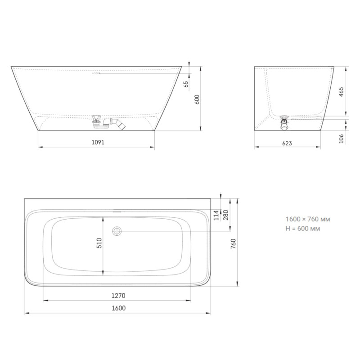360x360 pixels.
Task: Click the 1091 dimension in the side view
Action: pyautogui.click(x=98, y=142)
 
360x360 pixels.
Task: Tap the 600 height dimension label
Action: pyautogui.click(x=196, y=99)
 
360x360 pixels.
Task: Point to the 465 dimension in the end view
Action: pyautogui.click(x=341, y=92)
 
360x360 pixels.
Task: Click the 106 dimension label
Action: pyautogui.click(x=341, y=138)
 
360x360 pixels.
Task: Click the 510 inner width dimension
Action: pyautogui.click(x=99, y=243)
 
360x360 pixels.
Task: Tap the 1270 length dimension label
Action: pyautogui.click(x=117, y=296)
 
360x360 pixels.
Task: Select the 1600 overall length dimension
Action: pyautogui.click(x=117, y=308)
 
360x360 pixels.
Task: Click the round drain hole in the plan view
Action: pyautogui.click(x=117, y=231)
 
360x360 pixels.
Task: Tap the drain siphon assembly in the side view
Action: pyautogui.click(x=108, y=122)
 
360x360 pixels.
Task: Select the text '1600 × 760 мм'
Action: pyautogui.click(x=308, y=219)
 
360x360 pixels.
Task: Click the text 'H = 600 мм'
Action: pyautogui.click(x=303, y=229)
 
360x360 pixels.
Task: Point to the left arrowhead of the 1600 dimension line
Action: pyautogui.click(x=25, y=313)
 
